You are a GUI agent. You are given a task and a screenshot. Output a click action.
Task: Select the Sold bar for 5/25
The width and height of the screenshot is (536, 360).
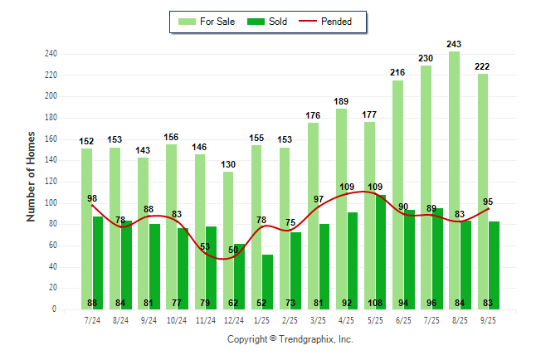[381, 249]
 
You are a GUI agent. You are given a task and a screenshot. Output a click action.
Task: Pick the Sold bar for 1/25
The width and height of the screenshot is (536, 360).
[267, 278]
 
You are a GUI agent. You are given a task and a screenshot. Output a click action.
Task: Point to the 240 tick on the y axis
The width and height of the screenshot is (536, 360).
[51, 54]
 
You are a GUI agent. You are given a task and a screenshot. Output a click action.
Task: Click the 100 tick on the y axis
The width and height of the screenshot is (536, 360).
[51, 203]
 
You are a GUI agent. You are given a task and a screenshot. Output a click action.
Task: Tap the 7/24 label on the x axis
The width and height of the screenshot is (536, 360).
[92, 319]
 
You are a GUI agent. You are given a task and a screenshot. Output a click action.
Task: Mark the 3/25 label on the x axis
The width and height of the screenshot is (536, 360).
[319, 319]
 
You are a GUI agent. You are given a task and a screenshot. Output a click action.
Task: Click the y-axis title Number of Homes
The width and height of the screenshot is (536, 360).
[32, 176]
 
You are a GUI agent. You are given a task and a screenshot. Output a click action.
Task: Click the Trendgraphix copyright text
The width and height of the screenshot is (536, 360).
[290, 339]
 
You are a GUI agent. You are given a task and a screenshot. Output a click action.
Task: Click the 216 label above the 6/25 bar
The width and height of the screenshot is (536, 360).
[397, 73]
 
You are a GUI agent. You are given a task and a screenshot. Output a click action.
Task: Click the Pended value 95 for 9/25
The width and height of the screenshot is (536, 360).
[488, 201]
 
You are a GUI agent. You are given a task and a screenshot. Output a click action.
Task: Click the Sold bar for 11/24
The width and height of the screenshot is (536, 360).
[211, 265]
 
